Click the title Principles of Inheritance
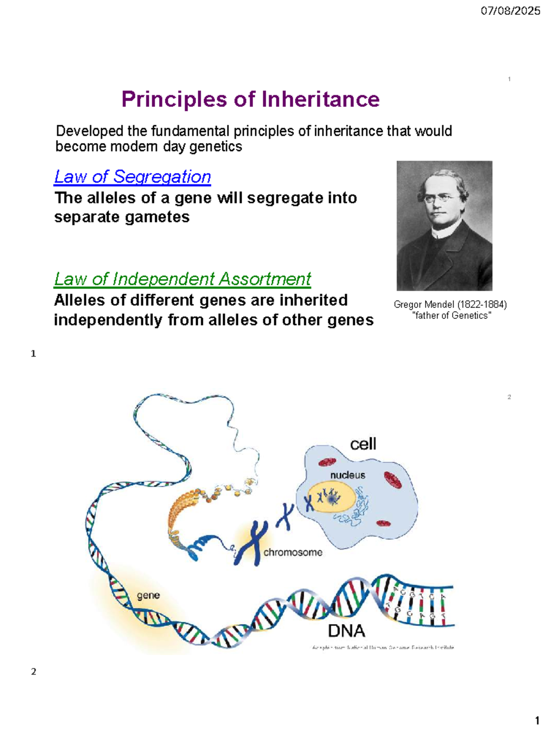[x=250, y=100]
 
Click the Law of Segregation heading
[x=132, y=177]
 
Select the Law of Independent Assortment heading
[x=182, y=279]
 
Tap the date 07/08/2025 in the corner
[x=510, y=11]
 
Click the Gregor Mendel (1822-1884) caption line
[x=450, y=304]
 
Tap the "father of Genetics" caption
[x=451, y=315]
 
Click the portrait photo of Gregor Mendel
[x=444, y=225]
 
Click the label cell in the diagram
[x=363, y=444]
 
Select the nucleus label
[x=348, y=475]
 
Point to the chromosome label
[x=293, y=552]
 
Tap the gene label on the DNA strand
[x=148, y=595]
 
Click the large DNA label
[x=347, y=631]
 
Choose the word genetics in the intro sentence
[x=216, y=147]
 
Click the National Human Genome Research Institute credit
[x=383, y=647]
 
